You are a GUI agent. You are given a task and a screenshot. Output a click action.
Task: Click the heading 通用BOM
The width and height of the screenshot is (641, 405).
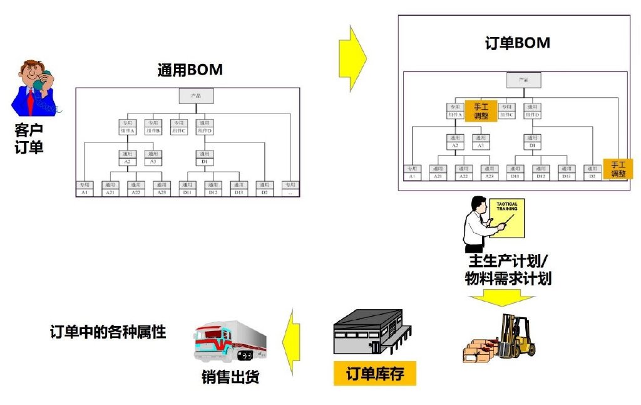click(x=190, y=70)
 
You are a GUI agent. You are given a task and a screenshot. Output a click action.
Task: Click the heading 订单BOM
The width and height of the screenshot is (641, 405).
click(x=518, y=43)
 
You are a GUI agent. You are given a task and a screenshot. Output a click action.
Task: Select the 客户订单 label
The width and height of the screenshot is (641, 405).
click(x=29, y=139)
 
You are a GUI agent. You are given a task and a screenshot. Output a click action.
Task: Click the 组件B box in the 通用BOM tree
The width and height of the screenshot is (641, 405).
click(x=153, y=127)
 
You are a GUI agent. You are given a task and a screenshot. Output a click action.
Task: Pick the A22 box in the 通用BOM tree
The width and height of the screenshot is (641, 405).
click(x=136, y=188)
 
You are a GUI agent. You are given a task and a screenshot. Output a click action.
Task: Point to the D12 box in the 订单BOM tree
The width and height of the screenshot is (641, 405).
click(x=541, y=172)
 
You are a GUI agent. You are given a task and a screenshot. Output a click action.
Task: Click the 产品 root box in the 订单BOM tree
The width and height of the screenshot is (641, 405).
click(x=523, y=80)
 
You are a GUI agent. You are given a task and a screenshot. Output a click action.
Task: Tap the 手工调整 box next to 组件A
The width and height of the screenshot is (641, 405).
click(x=481, y=111)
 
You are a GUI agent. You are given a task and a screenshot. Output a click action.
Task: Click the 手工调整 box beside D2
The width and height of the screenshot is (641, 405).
click(x=618, y=169)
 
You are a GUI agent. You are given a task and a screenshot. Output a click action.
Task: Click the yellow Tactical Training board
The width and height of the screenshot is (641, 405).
click(x=507, y=218)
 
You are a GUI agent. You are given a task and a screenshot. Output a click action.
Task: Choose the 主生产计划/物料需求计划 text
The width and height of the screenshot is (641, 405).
click(x=508, y=270)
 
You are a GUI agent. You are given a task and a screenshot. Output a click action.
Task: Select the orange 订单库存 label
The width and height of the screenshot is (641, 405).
click(x=375, y=374)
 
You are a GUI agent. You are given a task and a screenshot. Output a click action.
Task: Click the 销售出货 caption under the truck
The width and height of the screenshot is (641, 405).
click(x=230, y=377)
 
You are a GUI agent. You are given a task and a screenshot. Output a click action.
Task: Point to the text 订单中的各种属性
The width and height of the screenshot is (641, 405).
click(x=108, y=332)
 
